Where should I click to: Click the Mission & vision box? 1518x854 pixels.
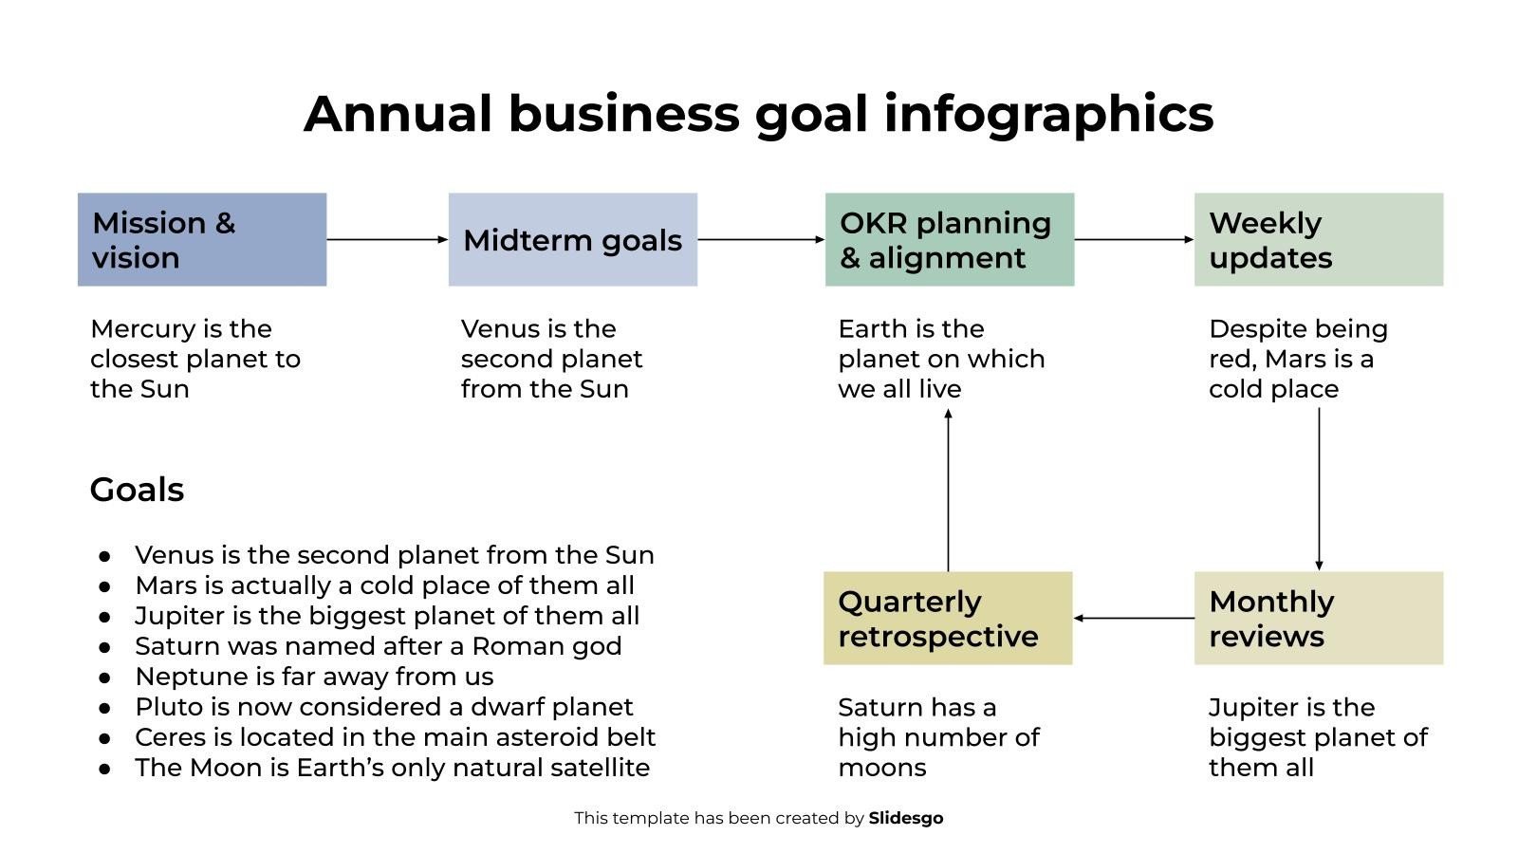202,239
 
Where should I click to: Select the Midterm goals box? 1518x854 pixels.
573,239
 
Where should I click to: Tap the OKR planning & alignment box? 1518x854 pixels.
950,239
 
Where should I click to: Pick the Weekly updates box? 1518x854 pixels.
1319,239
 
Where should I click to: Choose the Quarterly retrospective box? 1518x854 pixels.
948,618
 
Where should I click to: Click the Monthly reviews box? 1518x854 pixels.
1319,618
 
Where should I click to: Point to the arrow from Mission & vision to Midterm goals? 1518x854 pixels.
388,239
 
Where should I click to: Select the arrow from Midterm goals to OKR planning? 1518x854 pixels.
761,239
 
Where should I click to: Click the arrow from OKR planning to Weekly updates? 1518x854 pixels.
1135,239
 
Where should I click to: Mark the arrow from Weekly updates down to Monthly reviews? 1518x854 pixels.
1319,490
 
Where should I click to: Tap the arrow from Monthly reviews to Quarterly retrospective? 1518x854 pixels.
1135,618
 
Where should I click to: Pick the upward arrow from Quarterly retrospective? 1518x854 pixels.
948,490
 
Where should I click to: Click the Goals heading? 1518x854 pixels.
137,490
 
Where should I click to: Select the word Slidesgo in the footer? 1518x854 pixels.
906,818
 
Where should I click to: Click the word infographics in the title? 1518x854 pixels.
1049,114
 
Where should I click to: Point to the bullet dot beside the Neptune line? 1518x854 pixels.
104,678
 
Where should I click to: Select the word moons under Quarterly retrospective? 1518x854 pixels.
882,768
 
